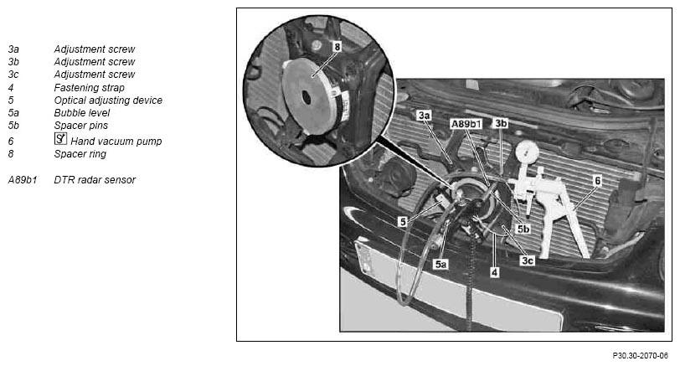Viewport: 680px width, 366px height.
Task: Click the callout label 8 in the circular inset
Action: tap(337, 46)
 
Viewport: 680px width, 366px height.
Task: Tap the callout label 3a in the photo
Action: tap(424, 116)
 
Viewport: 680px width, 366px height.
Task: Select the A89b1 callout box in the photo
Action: tap(466, 124)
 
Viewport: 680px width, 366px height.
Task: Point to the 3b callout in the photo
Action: tap(501, 124)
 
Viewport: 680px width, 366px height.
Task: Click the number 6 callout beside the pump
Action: tap(597, 181)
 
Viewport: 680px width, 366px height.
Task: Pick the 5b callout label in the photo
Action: tap(523, 229)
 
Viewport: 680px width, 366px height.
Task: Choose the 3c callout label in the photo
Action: tap(527, 260)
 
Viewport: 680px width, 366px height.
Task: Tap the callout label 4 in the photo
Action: tap(494, 272)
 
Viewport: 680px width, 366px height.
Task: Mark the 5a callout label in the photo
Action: tap(440, 264)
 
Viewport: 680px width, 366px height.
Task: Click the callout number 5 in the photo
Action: tap(403, 222)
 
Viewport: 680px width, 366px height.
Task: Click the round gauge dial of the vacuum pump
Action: tap(528, 152)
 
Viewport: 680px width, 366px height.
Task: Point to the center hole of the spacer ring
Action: tap(307, 98)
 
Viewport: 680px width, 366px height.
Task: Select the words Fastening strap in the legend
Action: tap(89, 88)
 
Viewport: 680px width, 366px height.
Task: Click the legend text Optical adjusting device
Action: tap(108, 101)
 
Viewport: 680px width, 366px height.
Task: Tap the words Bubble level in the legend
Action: tap(81, 113)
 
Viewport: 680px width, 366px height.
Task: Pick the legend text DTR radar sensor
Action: tap(95, 179)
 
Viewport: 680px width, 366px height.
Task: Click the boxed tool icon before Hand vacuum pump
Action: tap(60, 139)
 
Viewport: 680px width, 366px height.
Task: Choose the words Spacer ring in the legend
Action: tap(80, 154)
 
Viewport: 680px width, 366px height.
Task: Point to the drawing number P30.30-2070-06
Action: tap(640, 356)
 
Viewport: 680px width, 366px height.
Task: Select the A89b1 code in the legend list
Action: tap(23, 179)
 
